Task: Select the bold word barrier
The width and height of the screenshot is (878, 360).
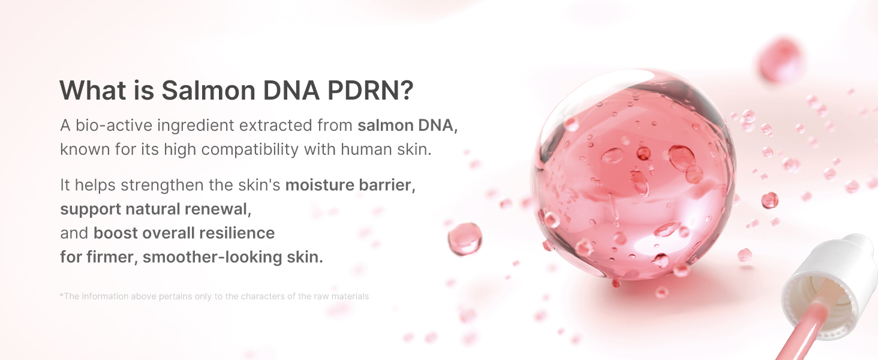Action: [387, 185]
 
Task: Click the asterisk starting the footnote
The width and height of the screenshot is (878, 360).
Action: [62, 295]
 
